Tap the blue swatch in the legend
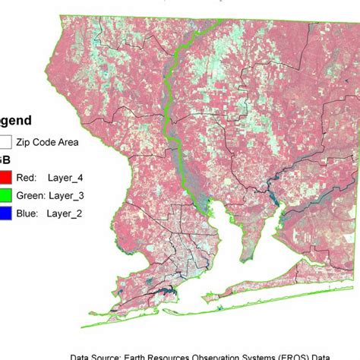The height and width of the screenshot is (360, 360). coord(8,213)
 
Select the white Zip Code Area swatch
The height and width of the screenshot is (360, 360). coord(6,141)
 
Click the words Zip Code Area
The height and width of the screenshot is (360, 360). coord(58,141)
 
